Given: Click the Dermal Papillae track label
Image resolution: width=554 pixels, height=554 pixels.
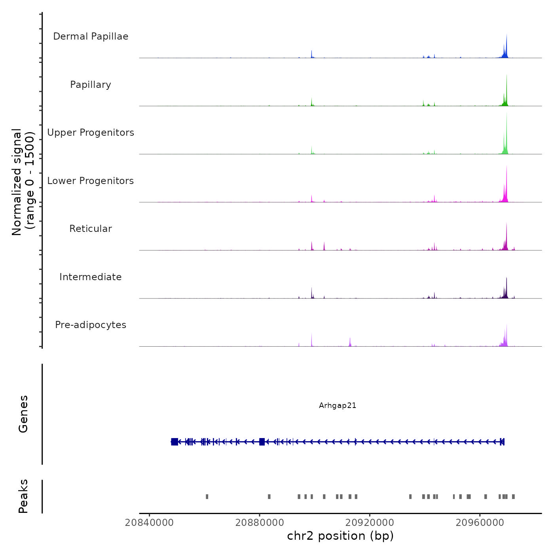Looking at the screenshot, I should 91,36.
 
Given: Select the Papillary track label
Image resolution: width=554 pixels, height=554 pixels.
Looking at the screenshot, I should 91,85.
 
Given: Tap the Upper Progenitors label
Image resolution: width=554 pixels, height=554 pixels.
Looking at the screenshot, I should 91,133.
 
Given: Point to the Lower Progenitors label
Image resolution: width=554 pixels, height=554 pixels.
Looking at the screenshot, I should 91,181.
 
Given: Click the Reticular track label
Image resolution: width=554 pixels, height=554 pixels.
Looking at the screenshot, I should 91,229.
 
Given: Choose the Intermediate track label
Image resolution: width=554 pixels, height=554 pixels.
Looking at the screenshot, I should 91,277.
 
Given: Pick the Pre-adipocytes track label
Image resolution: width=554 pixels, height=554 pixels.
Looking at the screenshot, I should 91,325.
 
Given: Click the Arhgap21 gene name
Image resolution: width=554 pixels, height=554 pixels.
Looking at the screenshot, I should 338,406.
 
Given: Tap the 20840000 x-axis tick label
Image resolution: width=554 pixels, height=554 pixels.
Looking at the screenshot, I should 149,523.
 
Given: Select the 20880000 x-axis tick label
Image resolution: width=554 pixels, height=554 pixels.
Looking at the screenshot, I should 260,523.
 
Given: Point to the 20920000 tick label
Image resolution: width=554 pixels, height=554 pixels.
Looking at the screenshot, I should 370,523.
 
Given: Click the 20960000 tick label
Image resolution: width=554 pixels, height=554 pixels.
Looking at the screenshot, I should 480,523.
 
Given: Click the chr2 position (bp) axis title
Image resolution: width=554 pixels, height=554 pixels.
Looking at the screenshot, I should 340,536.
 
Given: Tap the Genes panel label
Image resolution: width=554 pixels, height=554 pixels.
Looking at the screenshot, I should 23,414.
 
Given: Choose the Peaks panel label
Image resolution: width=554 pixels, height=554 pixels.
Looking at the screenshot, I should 23,496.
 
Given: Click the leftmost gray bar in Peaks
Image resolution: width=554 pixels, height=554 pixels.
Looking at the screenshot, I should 207,497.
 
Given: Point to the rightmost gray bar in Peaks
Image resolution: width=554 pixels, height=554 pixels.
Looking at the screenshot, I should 513,497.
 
